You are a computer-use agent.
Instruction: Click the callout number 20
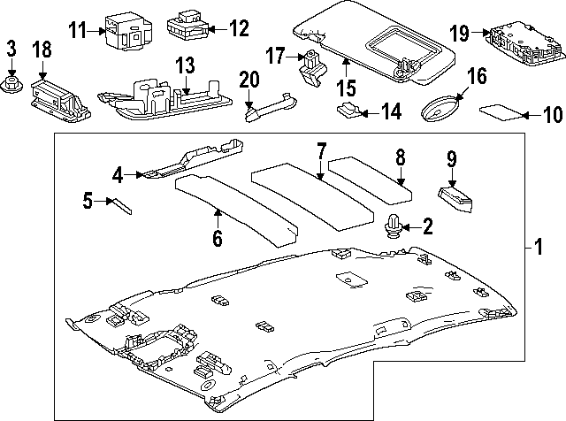click(x=249, y=79)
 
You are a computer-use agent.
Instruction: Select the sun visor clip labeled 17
click(x=310, y=68)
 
